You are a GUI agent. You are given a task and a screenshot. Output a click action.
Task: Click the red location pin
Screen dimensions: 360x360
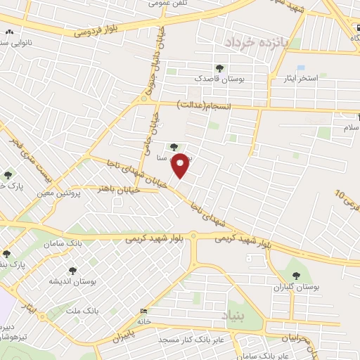[181, 165]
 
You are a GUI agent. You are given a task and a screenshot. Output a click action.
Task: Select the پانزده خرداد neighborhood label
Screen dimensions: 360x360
[257, 42]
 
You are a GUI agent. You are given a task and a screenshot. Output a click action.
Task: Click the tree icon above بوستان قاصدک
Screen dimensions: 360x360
[220, 69]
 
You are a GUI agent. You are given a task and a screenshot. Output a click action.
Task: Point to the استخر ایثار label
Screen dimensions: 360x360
[300, 78]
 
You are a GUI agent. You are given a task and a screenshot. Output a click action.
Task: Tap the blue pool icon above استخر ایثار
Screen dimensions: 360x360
[301, 67]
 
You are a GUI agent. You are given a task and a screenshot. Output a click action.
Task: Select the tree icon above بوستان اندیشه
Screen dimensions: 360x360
[72, 271]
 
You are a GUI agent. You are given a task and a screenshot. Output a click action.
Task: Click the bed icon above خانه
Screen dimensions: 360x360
[144, 311]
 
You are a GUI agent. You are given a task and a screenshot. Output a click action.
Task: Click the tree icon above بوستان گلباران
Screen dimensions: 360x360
[295, 276]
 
